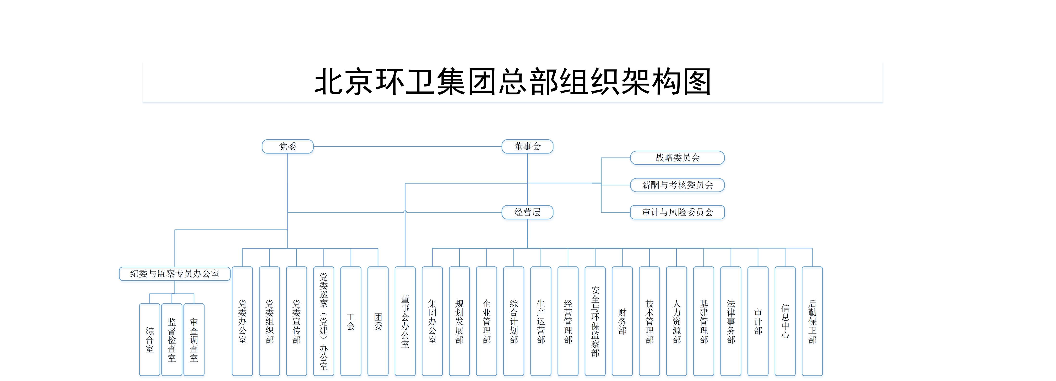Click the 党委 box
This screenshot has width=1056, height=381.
click(287, 146)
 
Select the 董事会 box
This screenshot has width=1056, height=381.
click(527, 146)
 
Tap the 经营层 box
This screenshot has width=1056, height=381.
click(527, 212)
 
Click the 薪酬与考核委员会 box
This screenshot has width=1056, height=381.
click(677, 185)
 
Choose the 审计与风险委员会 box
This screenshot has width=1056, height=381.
click(677, 212)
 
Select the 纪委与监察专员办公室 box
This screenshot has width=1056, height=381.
click(175, 274)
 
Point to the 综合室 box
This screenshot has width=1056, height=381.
click(150, 340)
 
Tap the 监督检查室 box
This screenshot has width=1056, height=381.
click(172, 340)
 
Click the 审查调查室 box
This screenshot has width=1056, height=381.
click(194, 340)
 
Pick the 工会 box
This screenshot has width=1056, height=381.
click(351, 321)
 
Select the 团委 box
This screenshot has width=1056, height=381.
click(378, 321)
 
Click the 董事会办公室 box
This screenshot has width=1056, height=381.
click(405, 321)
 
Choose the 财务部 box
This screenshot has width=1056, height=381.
click(622, 321)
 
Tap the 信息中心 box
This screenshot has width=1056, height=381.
click(785, 321)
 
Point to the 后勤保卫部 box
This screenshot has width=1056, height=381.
click(812, 321)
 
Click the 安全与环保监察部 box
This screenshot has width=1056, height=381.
click(595, 321)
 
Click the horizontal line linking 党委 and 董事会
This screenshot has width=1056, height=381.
click(408, 146)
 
